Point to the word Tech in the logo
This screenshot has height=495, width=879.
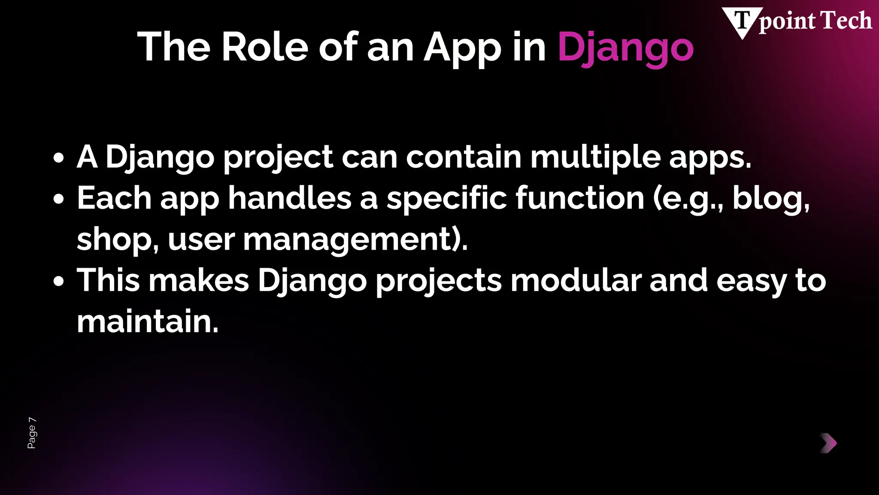click(846, 21)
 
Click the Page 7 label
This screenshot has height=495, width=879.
click(32, 433)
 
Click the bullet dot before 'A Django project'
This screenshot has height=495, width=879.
click(59, 158)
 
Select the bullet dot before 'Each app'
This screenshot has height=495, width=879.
click(59, 199)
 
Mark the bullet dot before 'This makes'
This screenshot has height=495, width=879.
click(59, 281)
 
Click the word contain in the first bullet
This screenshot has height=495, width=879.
click(464, 157)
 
